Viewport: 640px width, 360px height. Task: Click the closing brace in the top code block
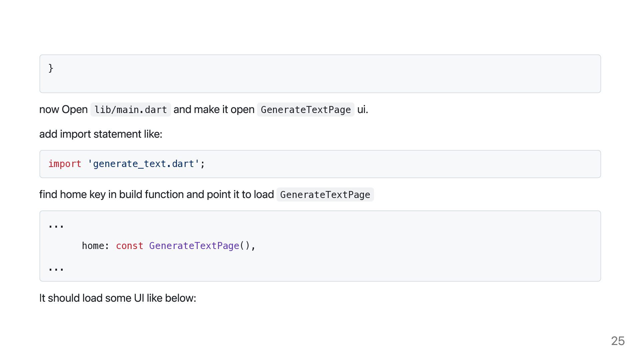coord(51,68)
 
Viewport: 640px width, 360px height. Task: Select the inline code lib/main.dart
coord(131,110)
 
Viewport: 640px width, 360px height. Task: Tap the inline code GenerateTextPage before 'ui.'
coord(306,110)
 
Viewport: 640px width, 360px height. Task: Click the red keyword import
coord(65,164)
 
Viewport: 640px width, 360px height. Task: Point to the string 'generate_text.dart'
coord(143,164)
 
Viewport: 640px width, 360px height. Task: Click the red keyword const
coord(129,246)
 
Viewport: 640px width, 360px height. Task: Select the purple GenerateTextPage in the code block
coord(194,246)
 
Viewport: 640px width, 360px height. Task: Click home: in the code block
coord(95,246)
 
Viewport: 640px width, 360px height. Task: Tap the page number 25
coord(618,341)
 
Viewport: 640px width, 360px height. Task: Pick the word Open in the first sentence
coord(75,110)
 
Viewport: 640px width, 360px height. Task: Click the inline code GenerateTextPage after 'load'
coord(325,195)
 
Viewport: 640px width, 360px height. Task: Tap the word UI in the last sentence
coord(139,298)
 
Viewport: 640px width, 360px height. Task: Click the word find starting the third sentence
coord(48,194)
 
